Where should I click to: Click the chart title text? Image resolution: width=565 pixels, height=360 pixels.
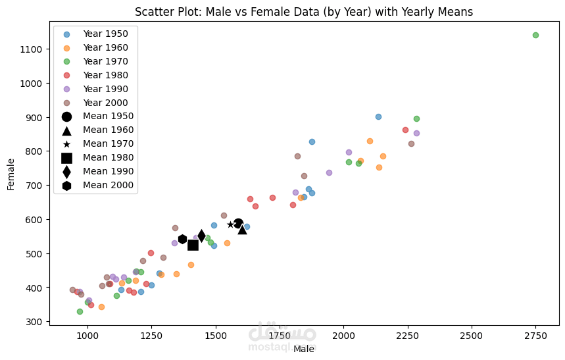tap(303, 12)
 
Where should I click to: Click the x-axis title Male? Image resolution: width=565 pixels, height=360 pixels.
tap(303, 349)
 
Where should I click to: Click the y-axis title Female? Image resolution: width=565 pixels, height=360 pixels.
tap(11, 173)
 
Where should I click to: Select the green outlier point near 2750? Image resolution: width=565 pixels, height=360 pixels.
tap(535, 35)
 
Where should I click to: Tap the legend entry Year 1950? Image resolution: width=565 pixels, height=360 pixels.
tap(105, 34)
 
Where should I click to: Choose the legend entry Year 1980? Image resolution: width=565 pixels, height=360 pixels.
tap(105, 75)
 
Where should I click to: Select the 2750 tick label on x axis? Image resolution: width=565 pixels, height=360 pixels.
tap(535, 336)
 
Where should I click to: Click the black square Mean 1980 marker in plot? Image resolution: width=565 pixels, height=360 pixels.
tap(193, 245)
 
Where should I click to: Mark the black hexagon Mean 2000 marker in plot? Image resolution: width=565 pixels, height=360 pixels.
tap(182, 239)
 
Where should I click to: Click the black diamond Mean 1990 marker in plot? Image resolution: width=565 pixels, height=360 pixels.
tap(201, 235)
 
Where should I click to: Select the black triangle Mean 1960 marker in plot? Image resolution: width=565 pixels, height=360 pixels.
tap(242, 229)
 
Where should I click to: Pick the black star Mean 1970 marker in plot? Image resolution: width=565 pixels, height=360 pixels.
tap(230, 224)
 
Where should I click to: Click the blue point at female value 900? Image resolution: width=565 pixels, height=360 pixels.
tap(378, 116)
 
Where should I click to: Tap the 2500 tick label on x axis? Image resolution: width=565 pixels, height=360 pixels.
tap(472, 336)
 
